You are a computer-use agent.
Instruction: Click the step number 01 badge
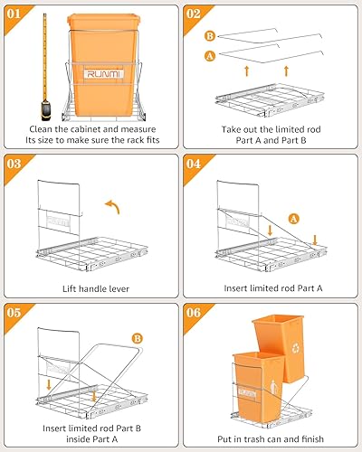[14, 14]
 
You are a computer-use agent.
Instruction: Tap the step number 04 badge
[193, 164]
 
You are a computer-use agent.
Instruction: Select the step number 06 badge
[193, 313]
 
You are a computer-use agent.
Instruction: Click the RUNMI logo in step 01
[104, 74]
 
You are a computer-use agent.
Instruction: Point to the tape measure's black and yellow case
[46, 110]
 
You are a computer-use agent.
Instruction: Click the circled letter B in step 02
[209, 36]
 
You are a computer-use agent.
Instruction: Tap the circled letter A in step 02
[210, 56]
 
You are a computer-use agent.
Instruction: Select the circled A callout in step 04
[293, 219]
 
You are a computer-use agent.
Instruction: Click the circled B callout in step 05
[138, 338]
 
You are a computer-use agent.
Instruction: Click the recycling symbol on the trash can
[296, 348]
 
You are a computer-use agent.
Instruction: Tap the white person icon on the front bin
[273, 387]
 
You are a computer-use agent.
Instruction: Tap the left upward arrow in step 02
[247, 71]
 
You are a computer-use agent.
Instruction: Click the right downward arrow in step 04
[315, 240]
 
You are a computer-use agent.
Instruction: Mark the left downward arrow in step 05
[49, 385]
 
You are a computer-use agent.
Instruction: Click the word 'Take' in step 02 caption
[231, 129]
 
